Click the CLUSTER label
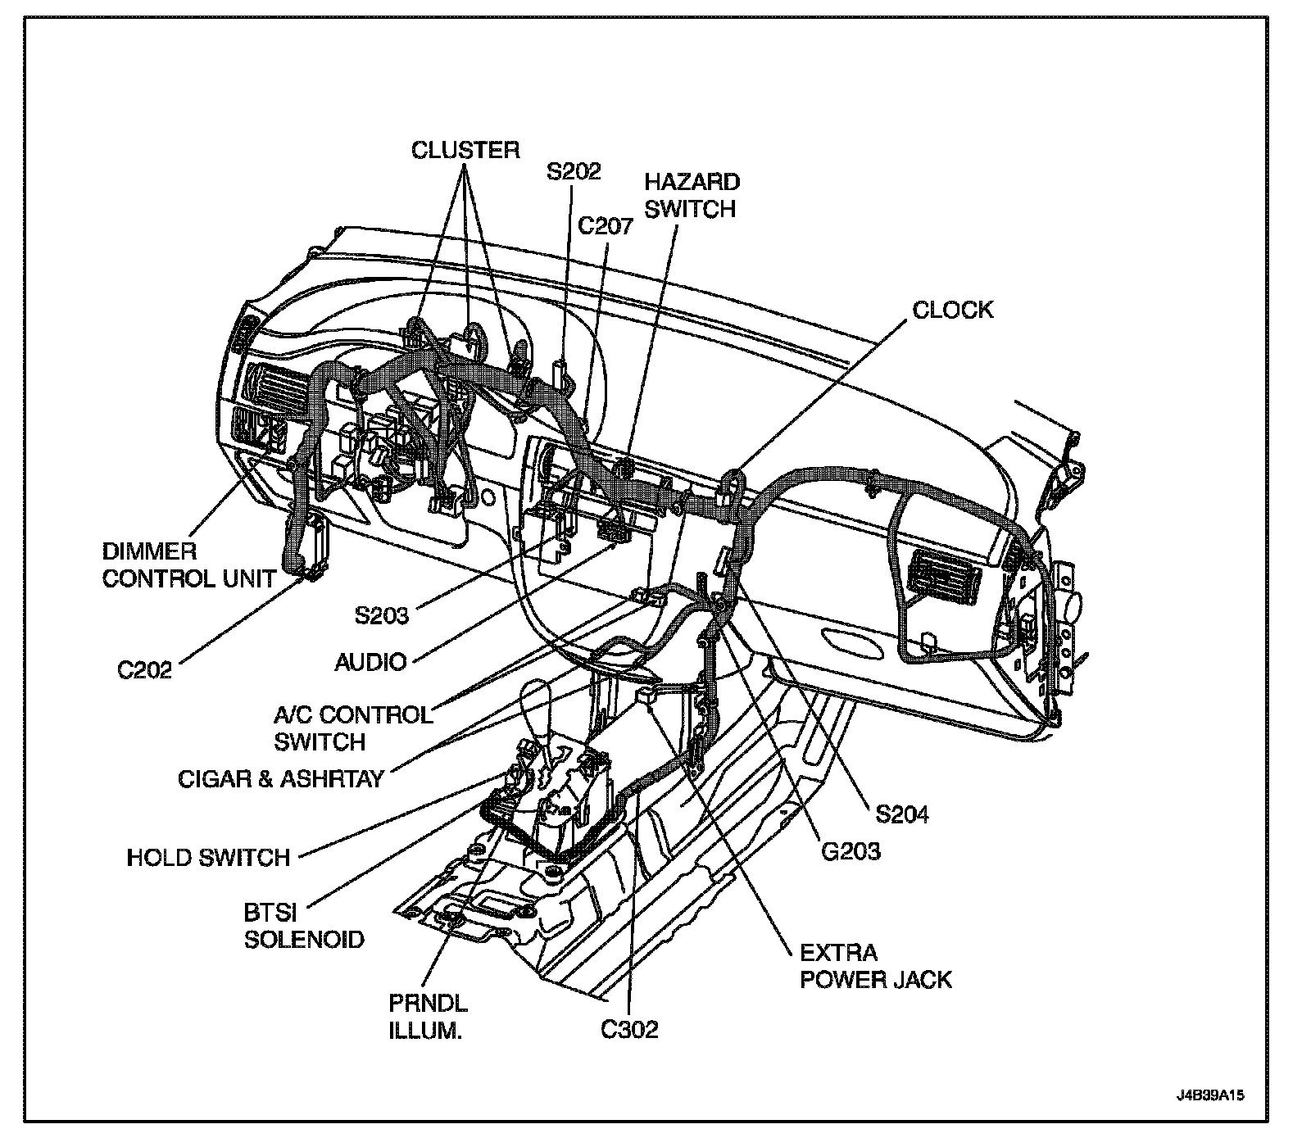[x=465, y=150]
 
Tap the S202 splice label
[x=574, y=171]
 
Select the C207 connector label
[x=606, y=225]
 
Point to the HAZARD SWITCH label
[x=690, y=195]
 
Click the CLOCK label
[x=952, y=310]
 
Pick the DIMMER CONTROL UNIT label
[x=188, y=564]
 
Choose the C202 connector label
[x=145, y=669]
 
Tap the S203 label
[x=381, y=614]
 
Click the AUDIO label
[x=371, y=661]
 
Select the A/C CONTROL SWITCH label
[x=352, y=728]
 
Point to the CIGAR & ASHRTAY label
[x=281, y=778]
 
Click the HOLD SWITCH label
[x=208, y=858]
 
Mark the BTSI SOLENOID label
[x=303, y=925]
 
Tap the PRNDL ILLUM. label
[x=428, y=1017]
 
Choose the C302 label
[x=629, y=1030]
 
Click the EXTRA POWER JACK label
[x=875, y=966]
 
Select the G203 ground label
[x=851, y=851]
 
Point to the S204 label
[x=901, y=814]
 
